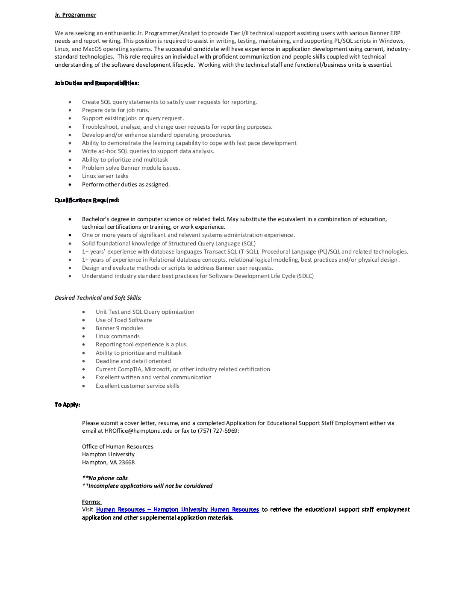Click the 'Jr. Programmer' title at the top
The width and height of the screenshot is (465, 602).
(x=75, y=15)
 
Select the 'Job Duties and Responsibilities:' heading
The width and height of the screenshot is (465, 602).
(x=97, y=83)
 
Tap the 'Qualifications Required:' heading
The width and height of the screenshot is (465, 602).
(x=87, y=200)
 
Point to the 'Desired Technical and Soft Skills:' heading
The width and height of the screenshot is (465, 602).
(x=98, y=298)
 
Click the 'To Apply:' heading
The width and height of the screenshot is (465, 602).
(x=67, y=404)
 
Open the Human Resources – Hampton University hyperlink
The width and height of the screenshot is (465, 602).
(x=177, y=510)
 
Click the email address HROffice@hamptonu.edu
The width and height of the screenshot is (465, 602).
(x=138, y=431)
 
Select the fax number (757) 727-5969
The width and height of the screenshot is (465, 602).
(x=218, y=431)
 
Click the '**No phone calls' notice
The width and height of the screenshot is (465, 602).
(x=105, y=478)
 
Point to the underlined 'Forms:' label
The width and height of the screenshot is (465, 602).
(x=91, y=502)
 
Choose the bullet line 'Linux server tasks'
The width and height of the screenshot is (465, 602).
(x=105, y=176)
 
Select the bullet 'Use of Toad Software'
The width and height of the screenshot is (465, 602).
(x=124, y=320)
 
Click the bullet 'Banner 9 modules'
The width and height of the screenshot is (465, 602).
(x=119, y=328)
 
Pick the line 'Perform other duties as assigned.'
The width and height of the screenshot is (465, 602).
(x=126, y=184)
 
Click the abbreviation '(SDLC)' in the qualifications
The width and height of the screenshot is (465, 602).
(x=305, y=276)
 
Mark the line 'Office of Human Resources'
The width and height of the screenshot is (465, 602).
(x=118, y=446)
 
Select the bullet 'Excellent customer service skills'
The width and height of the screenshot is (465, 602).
(x=137, y=386)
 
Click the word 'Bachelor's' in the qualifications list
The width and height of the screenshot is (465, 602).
(x=96, y=219)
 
